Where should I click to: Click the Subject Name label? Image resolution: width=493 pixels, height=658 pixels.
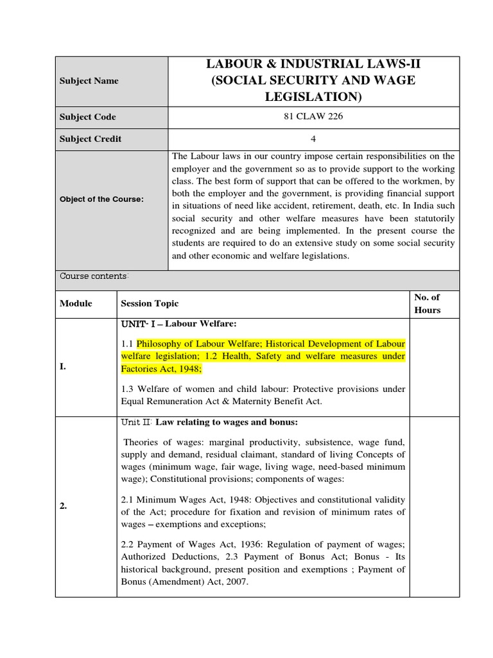(89, 81)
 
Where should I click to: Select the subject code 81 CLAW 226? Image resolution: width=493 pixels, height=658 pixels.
(313, 117)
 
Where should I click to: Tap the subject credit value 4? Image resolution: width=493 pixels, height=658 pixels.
(313, 139)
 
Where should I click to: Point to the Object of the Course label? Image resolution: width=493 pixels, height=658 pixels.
(101, 199)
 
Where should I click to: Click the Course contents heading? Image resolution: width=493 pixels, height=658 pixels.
(94, 276)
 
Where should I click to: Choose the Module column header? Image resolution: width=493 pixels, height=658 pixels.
(76, 303)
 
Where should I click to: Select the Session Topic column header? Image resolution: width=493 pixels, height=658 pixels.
(150, 303)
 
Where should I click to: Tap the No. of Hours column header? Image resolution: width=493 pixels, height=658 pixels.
(428, 303)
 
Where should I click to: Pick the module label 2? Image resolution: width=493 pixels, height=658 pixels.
(64, 506)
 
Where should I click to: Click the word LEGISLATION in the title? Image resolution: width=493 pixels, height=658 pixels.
(313, 97)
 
